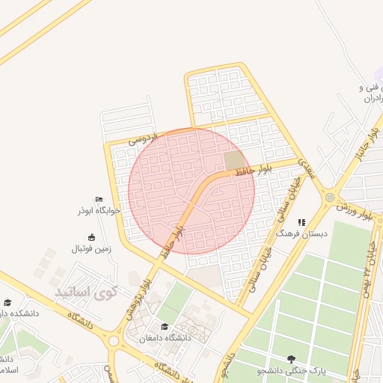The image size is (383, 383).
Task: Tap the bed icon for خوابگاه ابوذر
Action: click(x=98, y=199)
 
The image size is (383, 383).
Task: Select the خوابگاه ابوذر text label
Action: click(x=94, y=211)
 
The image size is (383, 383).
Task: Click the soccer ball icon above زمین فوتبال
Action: click(x=82, y=237)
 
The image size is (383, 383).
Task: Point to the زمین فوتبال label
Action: click(x=91, y=248)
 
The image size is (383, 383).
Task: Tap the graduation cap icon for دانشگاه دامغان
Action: click(x=165, y=326)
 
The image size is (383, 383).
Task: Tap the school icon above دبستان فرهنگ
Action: click(x=301, y=222)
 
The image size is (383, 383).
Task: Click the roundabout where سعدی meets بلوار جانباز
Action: click(x=330, y=197)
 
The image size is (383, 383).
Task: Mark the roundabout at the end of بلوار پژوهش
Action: click(x=114, y=340)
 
